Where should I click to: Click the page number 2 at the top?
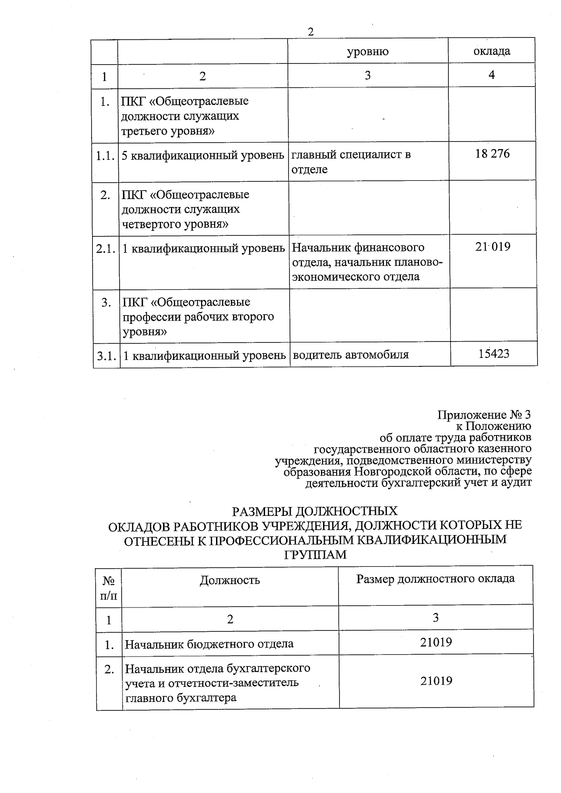(x=310, y=32)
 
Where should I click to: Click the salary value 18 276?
(x=492, y=154)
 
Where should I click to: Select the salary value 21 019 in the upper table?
(x=492, y=246)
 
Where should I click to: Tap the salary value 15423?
(x=494, y=354)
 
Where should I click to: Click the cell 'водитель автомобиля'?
(x=351, y=355)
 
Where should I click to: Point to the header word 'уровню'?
(x=367, y=51)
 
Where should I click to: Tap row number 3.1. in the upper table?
(x=107, y=356)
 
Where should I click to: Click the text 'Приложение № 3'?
(x=484, y=415)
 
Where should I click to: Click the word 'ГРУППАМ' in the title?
(x=316, y=555)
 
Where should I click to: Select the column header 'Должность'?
(x=230, y=580)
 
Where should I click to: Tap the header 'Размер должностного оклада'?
(x=435, y=579)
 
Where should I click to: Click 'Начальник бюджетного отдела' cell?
(x=209, y=644)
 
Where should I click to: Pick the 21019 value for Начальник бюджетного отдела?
(x=436, y=642)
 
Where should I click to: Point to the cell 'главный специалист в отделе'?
(x=351, y=162)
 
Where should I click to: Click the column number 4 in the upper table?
(x=491, y=75)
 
